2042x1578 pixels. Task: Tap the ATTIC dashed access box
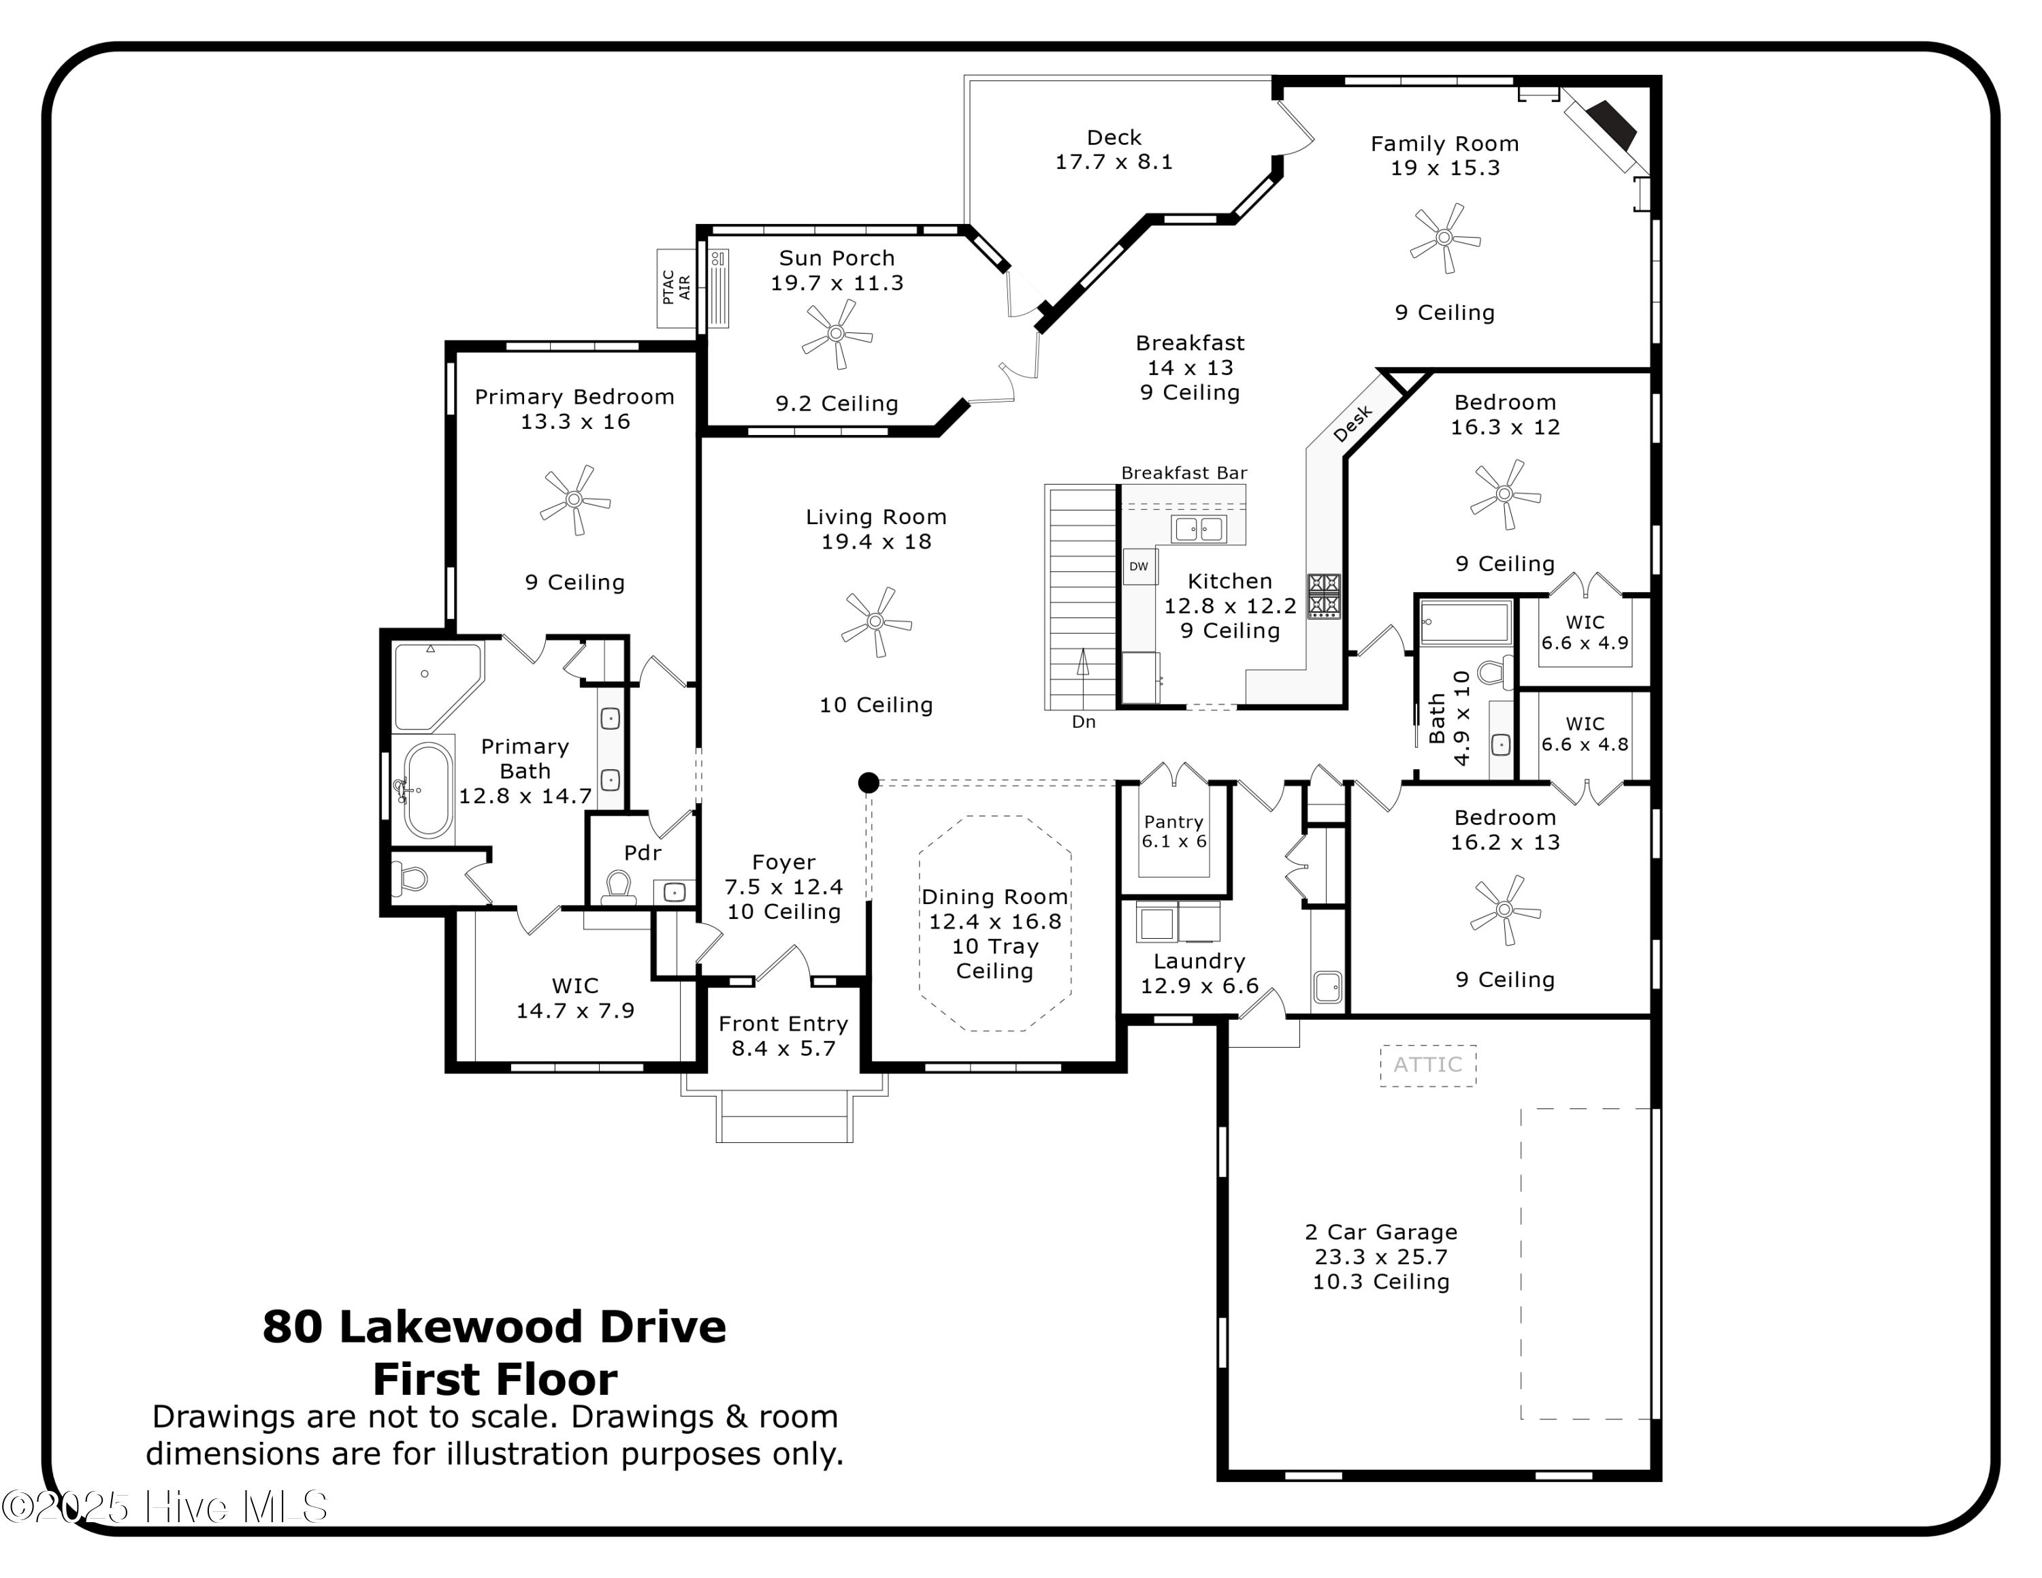[1428, 1065]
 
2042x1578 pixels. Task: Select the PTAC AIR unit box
[676, 288]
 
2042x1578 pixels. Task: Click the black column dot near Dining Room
[869, 782]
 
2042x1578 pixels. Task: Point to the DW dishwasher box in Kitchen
[1139, 566]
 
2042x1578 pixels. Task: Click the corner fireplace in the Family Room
[1610, 126]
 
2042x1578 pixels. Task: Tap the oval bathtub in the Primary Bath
[427, 790]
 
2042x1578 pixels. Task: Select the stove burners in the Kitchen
[1324, 596]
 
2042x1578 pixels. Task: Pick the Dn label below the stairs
[1084, 722]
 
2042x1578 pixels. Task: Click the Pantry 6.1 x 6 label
[1173, 831]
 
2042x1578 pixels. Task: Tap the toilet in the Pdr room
[618, 887]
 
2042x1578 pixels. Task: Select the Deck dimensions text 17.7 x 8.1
[1114, 162]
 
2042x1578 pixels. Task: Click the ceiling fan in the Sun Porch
[837, 334]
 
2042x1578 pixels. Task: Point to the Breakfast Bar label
[1184, 473]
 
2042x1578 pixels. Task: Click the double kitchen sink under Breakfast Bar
[1199, 529]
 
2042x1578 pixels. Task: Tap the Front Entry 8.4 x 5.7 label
[783, 1036]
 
